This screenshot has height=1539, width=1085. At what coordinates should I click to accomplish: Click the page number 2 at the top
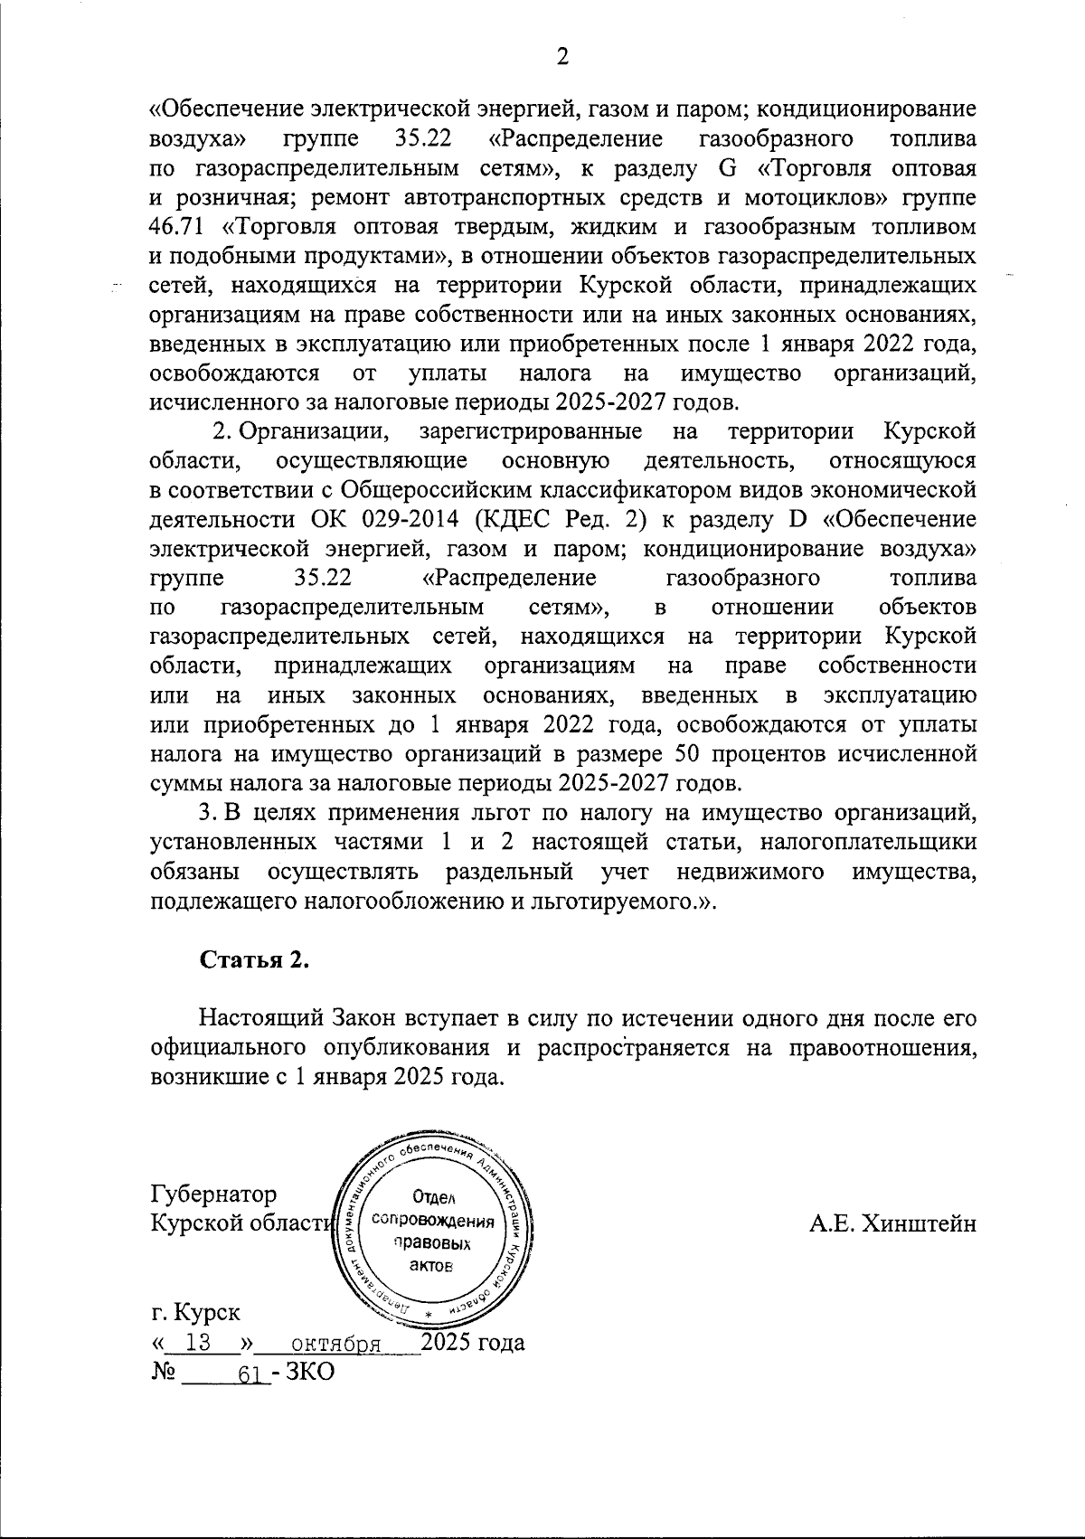click(561, 57)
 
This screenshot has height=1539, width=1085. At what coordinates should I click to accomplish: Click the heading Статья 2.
click(254, 960)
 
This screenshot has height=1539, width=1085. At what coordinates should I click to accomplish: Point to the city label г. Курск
click(196, 1310)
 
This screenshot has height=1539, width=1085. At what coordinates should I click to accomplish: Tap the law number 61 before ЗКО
click(250, 1373)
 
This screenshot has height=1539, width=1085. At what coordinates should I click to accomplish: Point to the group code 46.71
click(175, 226)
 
